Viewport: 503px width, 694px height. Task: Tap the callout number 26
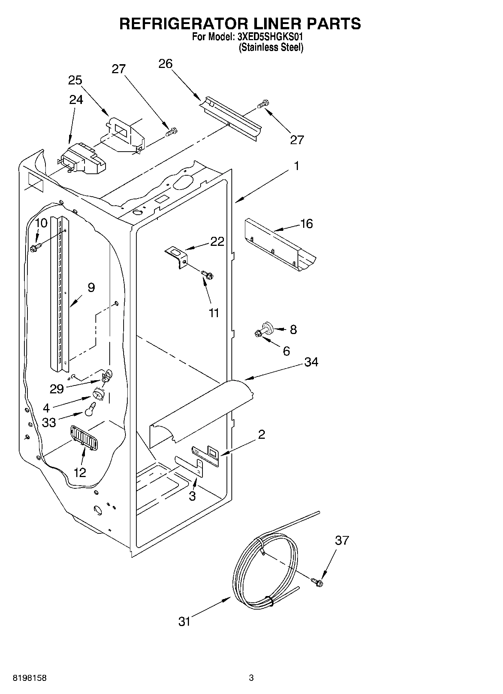pos(165,64)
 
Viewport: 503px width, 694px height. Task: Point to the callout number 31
pos(184,622)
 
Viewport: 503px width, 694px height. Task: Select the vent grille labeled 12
pos(84,437)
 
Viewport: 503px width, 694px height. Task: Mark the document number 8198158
pos(30,678)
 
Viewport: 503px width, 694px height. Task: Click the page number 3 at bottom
pos(251,678)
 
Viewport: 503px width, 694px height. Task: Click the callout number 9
pos(91,288)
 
